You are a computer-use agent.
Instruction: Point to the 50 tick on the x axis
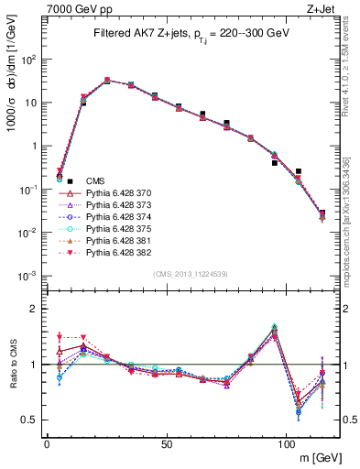point(166,443)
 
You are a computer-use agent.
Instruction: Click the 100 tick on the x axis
point(286,443)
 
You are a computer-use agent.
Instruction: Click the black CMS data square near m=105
point(299,171)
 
